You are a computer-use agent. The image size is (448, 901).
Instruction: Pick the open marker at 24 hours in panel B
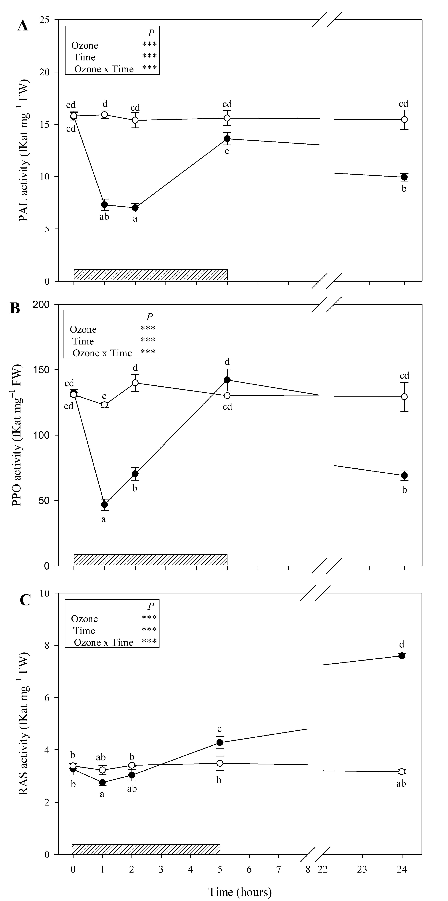point(404,397)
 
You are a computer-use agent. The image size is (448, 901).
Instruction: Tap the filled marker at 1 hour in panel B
point(104,504)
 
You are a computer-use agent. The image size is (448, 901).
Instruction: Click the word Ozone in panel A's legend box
point(85,46)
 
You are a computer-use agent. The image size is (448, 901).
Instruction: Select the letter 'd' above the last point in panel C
point(402,644)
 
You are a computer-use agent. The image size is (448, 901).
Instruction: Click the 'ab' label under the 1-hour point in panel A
point(104,217)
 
